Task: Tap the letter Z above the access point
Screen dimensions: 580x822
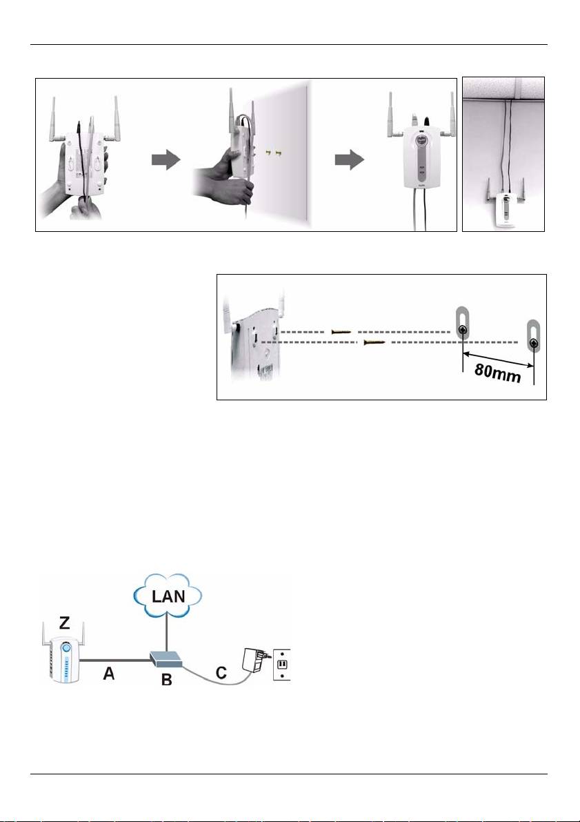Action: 65,623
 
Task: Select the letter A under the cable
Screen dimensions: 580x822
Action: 108,673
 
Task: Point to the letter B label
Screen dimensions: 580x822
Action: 167,681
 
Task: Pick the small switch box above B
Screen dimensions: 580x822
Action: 166,660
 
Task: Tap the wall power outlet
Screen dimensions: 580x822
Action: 281,665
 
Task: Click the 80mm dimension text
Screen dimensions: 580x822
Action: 497,374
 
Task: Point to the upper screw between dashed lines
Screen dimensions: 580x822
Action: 341,332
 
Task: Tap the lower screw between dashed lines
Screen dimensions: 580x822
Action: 374,342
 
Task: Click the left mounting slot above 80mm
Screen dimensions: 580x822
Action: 462,326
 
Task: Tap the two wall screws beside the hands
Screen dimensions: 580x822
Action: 272,153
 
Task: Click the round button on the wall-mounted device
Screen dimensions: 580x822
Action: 421,141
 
